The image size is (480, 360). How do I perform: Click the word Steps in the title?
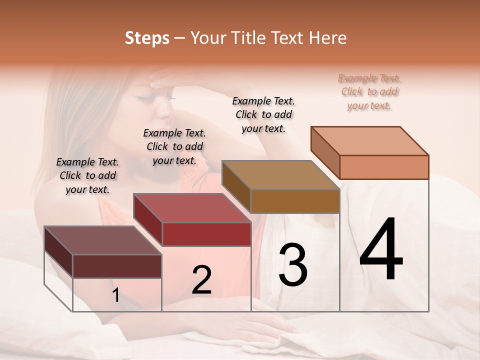[x=147, y=38]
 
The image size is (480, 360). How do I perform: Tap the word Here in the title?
[x=327, y=38]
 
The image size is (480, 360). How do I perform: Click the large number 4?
[x=381, y=250]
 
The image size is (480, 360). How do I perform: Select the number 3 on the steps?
[x=293, y=265]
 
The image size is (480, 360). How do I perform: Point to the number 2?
[x=201, y=280]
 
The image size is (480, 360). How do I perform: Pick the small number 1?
[x=116, y=295]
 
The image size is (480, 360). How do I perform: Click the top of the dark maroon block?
[x=103, y=240]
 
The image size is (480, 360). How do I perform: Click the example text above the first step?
[x=87, y=175]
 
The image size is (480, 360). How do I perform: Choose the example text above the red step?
[x=174, y=146]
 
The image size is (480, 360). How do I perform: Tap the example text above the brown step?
[x=263, y=114]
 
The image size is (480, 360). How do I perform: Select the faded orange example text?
[x=369, y=91]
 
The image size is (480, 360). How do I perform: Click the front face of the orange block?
[x=384, y=167]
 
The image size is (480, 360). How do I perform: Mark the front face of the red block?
[x=206, y=234]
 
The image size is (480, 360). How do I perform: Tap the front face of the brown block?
[x=295, y=201]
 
